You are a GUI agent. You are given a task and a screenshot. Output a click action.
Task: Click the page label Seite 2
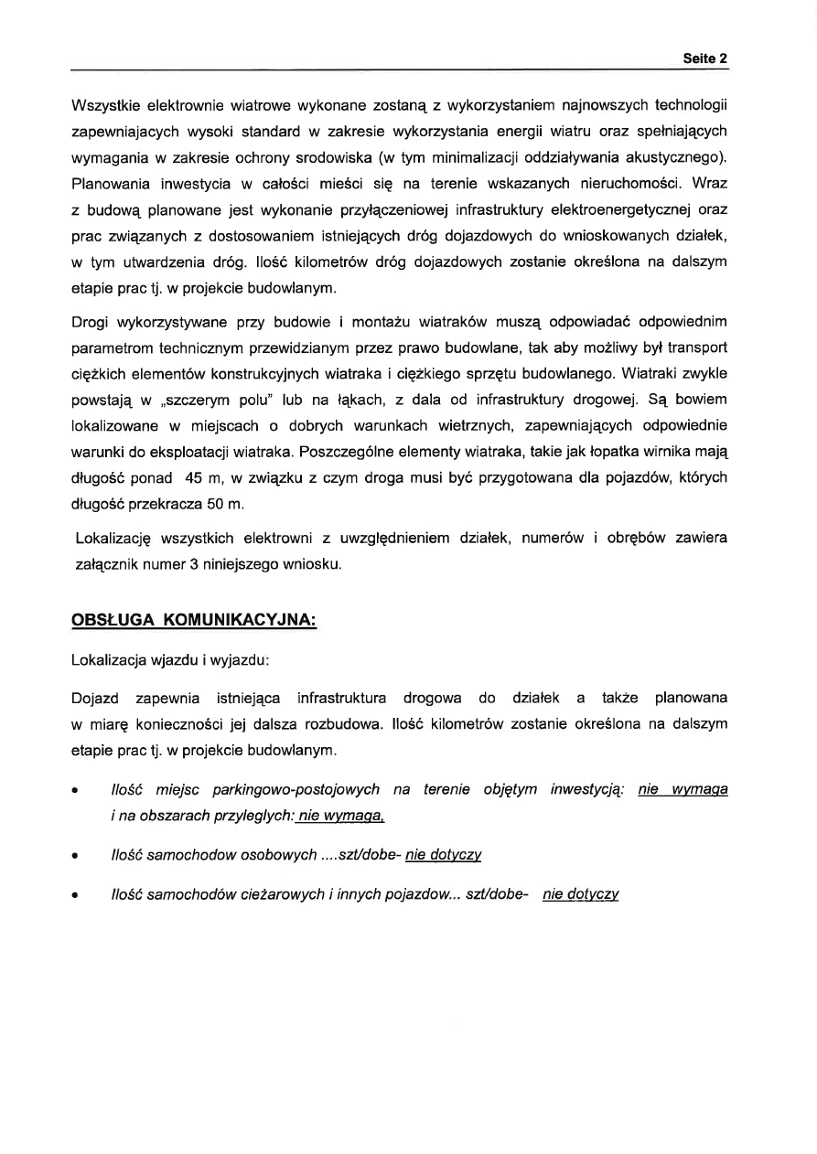pyautogui.click(x=704, y=58)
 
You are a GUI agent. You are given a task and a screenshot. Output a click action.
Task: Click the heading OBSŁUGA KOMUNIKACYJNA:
pyautogui.click(x=194, y=620)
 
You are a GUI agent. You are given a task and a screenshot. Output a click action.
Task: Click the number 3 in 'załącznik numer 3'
pyautogui.click(x=195, y=564)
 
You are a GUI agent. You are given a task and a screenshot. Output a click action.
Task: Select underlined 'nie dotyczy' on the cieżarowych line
pyautogui.click(x=580, y=894)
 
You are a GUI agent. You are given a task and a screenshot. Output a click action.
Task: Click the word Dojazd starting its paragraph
pyautogui.click(x=95, y=698)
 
